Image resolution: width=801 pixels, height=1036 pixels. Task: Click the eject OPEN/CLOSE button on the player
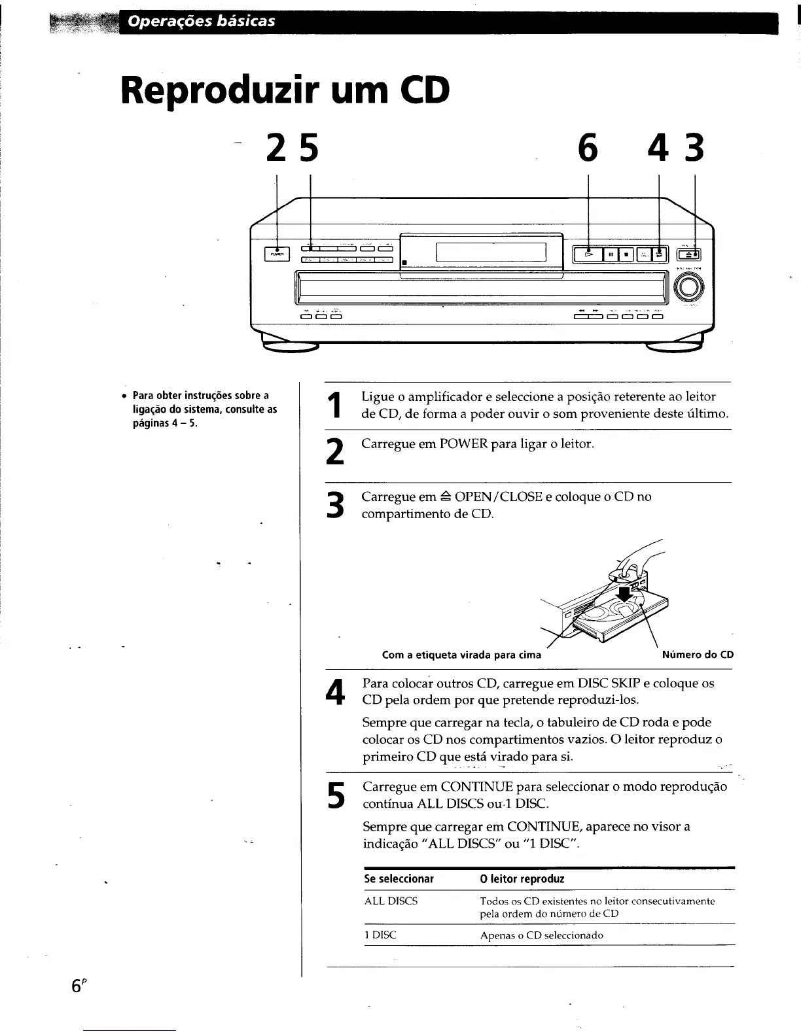(x=689, y=255)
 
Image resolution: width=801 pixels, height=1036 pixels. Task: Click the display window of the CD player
(x=491, y=251)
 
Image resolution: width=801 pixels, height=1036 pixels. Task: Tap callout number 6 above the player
(x=588, y=149)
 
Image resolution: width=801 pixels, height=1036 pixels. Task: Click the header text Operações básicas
(x=202, y=22)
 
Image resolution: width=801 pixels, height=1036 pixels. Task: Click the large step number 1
(x=335, y=405)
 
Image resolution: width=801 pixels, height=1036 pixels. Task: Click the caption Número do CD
(x=698, y=655)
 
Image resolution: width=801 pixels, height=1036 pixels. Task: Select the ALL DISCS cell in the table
(x=391, y=901)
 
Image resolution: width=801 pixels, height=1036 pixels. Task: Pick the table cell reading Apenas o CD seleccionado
(x=541, y=935)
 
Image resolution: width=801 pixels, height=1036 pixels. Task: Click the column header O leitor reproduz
(x=522, y=879)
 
